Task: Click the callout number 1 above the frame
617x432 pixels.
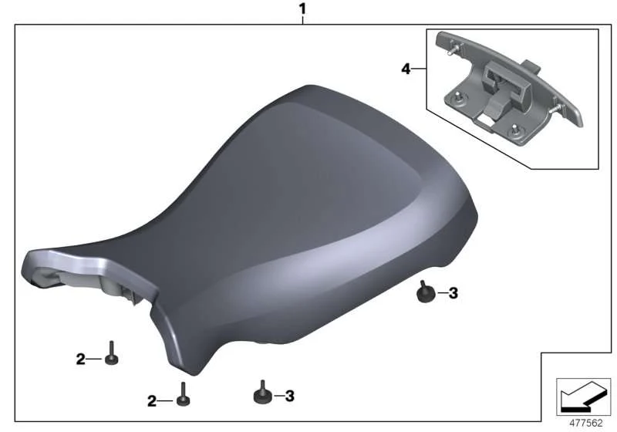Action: click(x=302, y=8)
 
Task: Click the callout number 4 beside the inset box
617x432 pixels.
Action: click(x=406, y=69)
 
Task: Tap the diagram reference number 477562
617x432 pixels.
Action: click(x=586, y=423)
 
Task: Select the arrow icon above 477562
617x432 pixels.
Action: click(x=584, y=397)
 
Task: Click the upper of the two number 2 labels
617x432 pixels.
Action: click(x=80, y=359)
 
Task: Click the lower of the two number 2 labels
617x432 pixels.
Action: click(x=152, y=401)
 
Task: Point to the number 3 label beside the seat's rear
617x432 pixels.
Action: click(x=453, y=293)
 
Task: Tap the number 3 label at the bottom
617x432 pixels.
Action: click(x=290, y=396)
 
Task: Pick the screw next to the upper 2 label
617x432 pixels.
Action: click(x=111, y=353)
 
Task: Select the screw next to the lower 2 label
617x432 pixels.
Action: click(x=183, y=394)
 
